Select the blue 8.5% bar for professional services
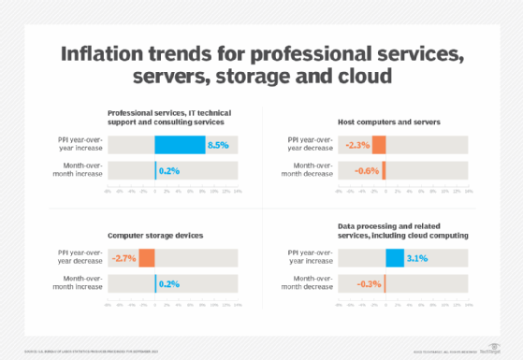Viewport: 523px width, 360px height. (x=180, y=145)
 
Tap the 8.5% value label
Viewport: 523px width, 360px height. (x=217, y=145)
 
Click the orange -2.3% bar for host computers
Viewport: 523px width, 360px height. (x=378, y=145)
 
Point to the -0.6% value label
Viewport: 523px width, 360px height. (x=366, y=170)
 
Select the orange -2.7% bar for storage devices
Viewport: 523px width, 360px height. (x=147, y=259)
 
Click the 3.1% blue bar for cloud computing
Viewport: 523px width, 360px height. (x=394, y=259)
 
